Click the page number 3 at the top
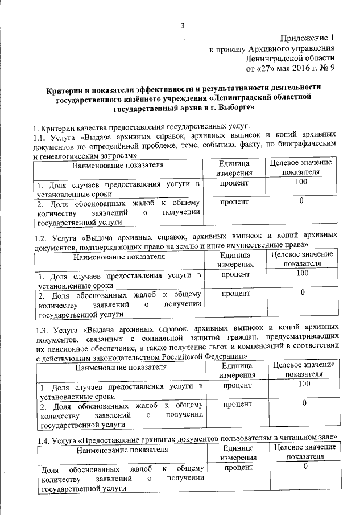point(183,26)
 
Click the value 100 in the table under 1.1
point(301,182)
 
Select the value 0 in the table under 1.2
point(303,292)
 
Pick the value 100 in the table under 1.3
point(303,385)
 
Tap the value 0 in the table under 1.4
point(305,467)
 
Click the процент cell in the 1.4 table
point(238,467)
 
